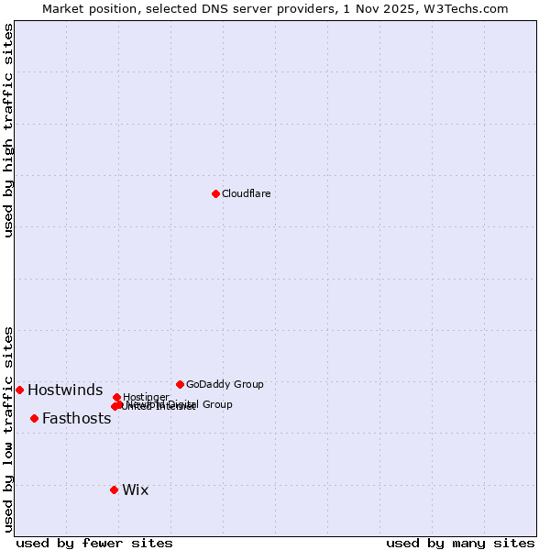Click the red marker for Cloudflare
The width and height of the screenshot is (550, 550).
tap(215, 193)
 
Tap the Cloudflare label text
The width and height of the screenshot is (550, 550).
tap(246, 193)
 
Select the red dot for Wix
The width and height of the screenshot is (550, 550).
tap(114, 489)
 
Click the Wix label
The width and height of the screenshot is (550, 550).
tap(135, 489)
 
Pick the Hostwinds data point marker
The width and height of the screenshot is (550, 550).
tap(19, 390)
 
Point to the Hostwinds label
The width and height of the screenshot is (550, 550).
tap(65, 390)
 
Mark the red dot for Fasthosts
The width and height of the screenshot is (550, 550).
tap(34, 418)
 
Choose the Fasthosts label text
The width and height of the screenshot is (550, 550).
tap(76, 419)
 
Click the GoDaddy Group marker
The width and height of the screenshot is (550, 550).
tap(180, 384)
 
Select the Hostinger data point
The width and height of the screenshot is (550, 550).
tap(116, 397)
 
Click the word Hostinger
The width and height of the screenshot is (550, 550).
tap(146, 397)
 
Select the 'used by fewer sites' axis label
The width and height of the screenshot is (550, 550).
tap(94, 543)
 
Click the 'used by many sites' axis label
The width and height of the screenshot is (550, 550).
tap(460, 543)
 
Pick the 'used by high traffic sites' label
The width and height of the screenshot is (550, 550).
tap(8, 130)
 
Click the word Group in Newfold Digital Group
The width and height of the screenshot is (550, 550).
tap(217, 404)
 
